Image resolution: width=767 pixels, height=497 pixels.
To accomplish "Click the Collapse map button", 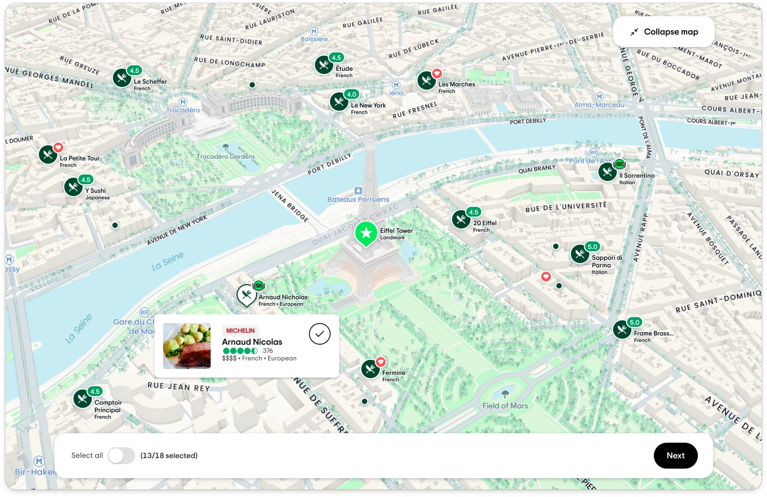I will tap(664, 32).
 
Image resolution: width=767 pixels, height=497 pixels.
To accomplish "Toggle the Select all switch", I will tap(121, 455).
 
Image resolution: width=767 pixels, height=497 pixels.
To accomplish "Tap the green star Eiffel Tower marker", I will tap(366, 233).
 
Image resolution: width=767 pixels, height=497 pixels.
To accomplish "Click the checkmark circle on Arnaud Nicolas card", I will tap(320, 334).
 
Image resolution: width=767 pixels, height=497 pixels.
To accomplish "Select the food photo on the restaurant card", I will tap(187, 346).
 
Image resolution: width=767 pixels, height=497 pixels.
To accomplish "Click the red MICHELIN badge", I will tap(240, 331).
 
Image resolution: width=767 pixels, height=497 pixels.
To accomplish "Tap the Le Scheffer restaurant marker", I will tap(122, 78).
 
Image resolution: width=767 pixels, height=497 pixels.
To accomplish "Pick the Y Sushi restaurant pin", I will tap(73, 187).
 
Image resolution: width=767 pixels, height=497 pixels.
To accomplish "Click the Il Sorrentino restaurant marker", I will tap(608, 172).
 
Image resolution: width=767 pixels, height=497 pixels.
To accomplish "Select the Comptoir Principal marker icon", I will tap(83, 399).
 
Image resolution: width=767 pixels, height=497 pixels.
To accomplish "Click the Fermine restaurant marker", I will tap(371, 370).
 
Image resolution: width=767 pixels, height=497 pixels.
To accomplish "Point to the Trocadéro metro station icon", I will tap(183, 102).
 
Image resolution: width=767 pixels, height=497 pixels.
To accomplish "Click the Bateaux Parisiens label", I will tap(358, 199).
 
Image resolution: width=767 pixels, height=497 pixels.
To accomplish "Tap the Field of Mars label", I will tap(505, 406).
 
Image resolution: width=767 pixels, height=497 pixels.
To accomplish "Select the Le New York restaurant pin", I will tap(339, 102).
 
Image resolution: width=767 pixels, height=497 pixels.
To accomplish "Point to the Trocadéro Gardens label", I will tap(226, 157).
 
